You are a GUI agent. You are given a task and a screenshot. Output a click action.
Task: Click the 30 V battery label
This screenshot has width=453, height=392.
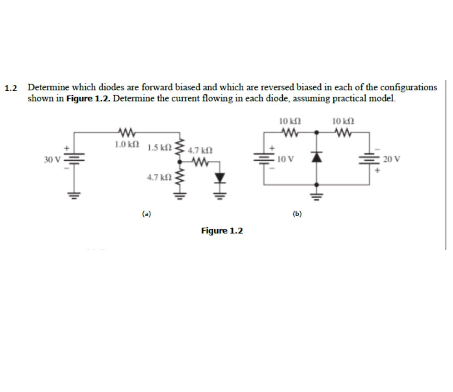point(51,160)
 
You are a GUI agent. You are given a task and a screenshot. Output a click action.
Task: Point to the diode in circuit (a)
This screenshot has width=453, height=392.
point(219,178)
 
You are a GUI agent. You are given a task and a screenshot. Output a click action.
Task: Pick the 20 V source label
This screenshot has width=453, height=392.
point(392,159)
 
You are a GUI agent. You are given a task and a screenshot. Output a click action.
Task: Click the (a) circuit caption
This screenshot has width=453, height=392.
point(147,214)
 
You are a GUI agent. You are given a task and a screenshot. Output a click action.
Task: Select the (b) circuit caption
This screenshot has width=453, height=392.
point(297,214)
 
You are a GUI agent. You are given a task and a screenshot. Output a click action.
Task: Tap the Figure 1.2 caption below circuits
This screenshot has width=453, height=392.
point(222,231)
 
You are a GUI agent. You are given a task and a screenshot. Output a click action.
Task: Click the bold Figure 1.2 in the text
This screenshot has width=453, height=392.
point(88,99)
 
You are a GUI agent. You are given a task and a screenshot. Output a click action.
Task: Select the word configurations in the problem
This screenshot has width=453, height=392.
point(409,87)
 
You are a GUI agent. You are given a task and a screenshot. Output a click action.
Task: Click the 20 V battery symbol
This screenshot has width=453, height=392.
point(370,160)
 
